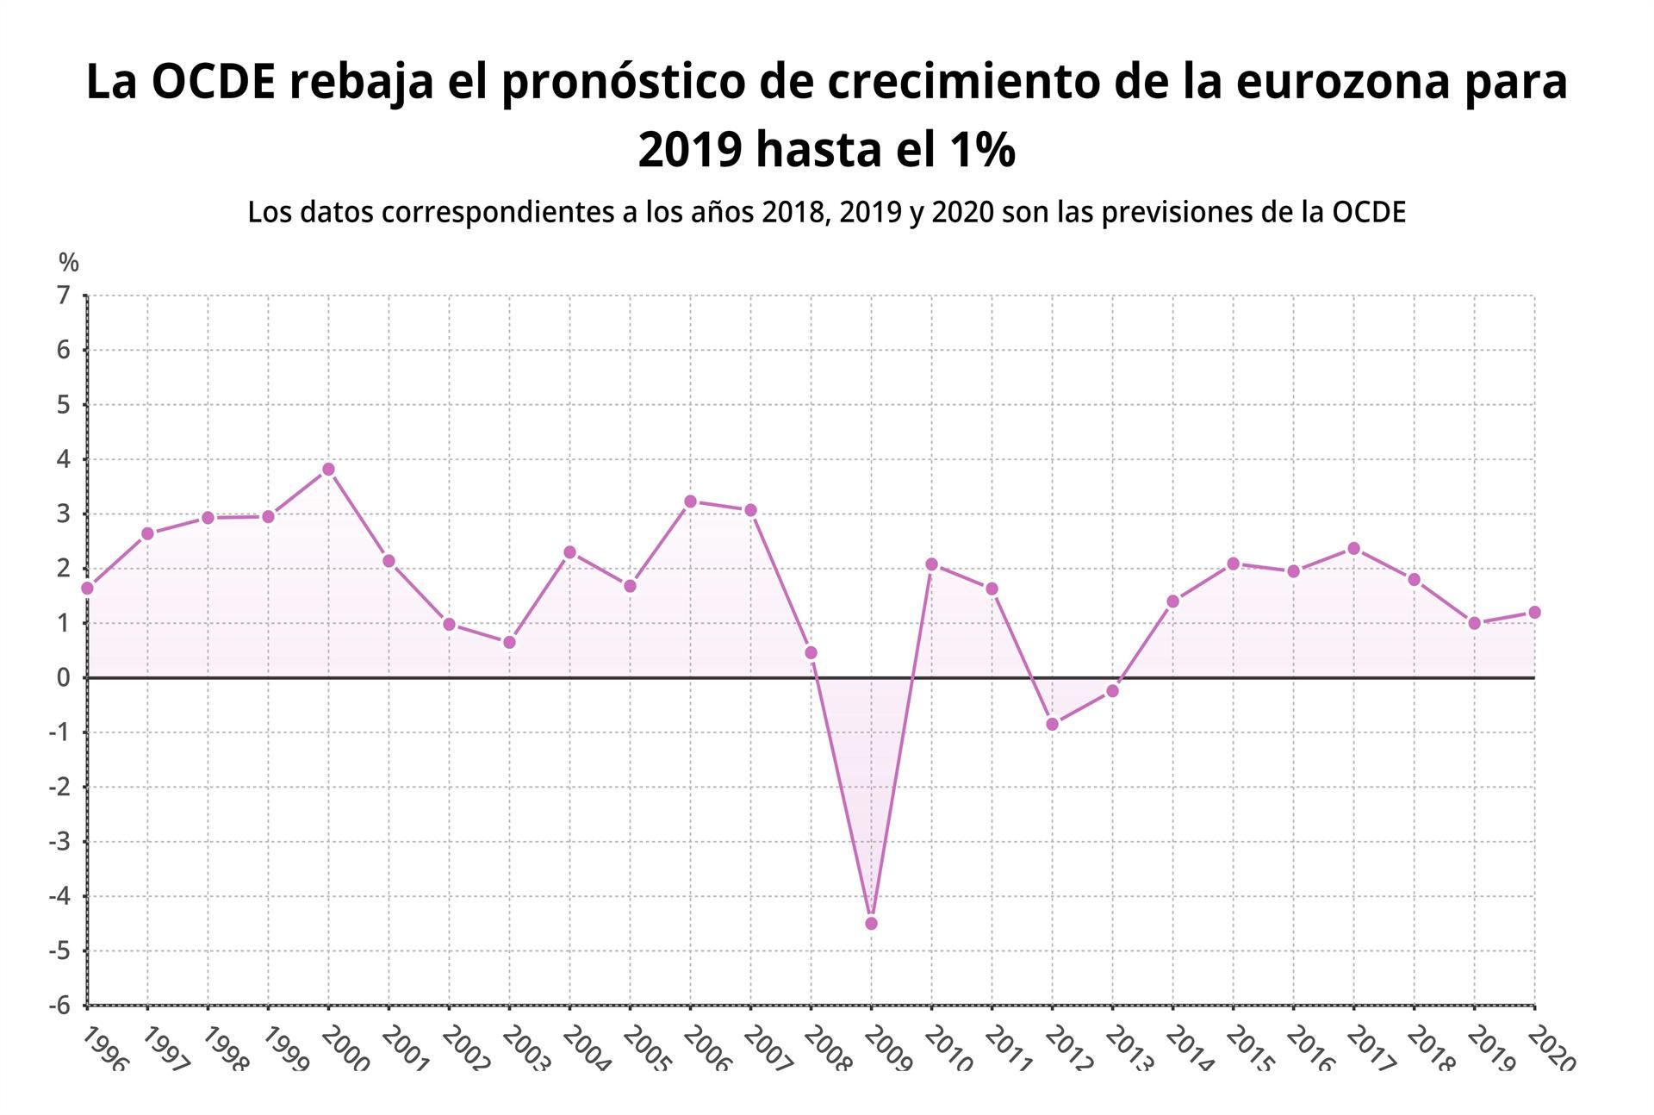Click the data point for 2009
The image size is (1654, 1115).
click(871, 924)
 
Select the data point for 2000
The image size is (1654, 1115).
click(328, 470)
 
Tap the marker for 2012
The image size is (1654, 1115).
click(1052, 725)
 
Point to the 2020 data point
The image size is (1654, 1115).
click(1534, 613)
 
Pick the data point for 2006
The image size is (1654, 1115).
click(690, 501)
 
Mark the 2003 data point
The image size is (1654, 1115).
click(509, 643)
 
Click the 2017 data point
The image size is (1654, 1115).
click(1353, 549)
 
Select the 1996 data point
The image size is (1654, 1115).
click(87, 589)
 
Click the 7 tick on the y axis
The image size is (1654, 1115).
click(63, 296)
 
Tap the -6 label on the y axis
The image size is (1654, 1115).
click(59, 1006)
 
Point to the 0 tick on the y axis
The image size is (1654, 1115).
click(63, 678)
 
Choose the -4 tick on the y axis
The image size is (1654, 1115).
click(59, 896)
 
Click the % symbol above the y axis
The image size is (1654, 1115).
click(69, 262)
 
